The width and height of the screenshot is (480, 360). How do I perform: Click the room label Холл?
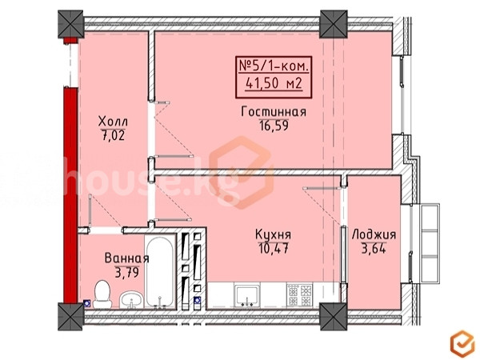(113, 122)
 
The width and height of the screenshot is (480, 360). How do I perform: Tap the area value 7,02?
(113, 135)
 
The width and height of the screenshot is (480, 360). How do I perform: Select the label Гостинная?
(274, 112)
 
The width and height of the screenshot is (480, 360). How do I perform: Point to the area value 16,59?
(274, 126)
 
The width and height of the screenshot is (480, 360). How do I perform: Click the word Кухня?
(273, 234)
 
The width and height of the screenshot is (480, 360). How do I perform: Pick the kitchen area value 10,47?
(274, 248)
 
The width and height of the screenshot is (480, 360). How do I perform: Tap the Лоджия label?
(374, 235)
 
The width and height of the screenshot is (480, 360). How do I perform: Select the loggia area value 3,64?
(374, 249)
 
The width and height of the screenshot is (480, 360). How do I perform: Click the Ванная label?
(126, 258)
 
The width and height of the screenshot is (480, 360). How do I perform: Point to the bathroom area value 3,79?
(127, 272)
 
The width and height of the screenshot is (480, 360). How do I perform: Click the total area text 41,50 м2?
(274, 83)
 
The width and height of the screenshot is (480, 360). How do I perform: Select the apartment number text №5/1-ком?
(274, 66)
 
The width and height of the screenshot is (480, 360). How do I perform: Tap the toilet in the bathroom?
(102, 294)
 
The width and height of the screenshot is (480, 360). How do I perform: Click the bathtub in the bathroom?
(160, 271)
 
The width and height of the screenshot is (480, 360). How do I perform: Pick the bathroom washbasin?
(131, 300)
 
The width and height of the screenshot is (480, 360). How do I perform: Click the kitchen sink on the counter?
(247, 294)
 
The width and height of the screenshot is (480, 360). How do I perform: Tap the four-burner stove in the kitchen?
(299, 294)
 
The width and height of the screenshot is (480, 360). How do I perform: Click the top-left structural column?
(70, 24)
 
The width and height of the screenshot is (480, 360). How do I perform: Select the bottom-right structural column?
(334, 317)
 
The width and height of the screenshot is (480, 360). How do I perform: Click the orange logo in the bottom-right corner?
(462, 344)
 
